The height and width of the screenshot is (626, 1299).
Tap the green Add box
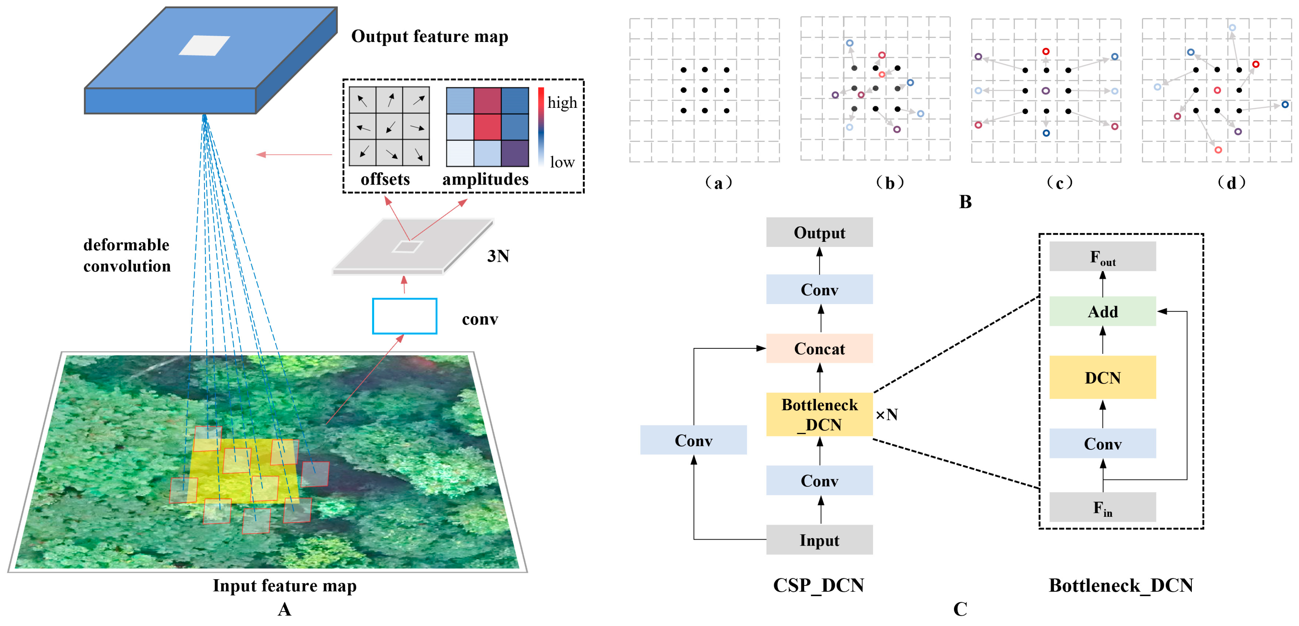click(x=1102, y=311)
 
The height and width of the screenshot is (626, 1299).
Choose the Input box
click(x=819, y=540)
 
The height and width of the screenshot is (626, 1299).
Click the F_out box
click(x=1102, y=256)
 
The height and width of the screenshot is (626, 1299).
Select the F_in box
click(x=1102, y=507)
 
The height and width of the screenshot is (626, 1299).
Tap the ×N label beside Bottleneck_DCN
click(x=886, y=415)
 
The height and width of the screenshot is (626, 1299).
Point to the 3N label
click(x=498, y=256)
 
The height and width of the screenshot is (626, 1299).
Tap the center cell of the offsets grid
click(x=389, y=126)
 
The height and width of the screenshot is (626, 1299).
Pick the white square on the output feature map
click(x=204, y=45)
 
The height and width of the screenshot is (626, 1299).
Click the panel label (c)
click(x=1060, y=182)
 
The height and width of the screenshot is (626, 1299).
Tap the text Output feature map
click(x=430, y=36)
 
